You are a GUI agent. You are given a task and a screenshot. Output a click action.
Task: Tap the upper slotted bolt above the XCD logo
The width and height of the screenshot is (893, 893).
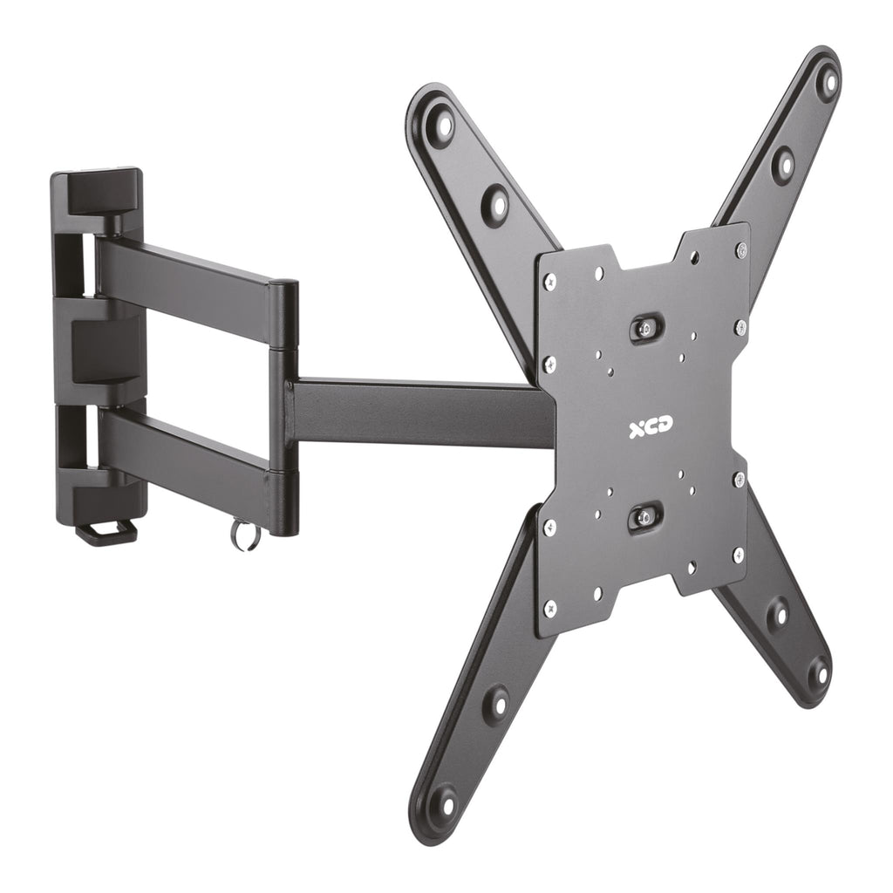pos(645,327)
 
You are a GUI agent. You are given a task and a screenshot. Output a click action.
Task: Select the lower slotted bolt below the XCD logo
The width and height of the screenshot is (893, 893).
pos(644,518)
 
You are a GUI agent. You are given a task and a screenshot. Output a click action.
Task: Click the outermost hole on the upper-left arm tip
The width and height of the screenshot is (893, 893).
pos(443,126)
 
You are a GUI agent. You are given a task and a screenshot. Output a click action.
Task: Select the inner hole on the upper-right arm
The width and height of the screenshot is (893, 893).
pos(782,164)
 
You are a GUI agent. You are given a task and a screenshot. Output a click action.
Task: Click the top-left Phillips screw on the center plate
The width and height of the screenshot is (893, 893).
pos(549,282)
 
